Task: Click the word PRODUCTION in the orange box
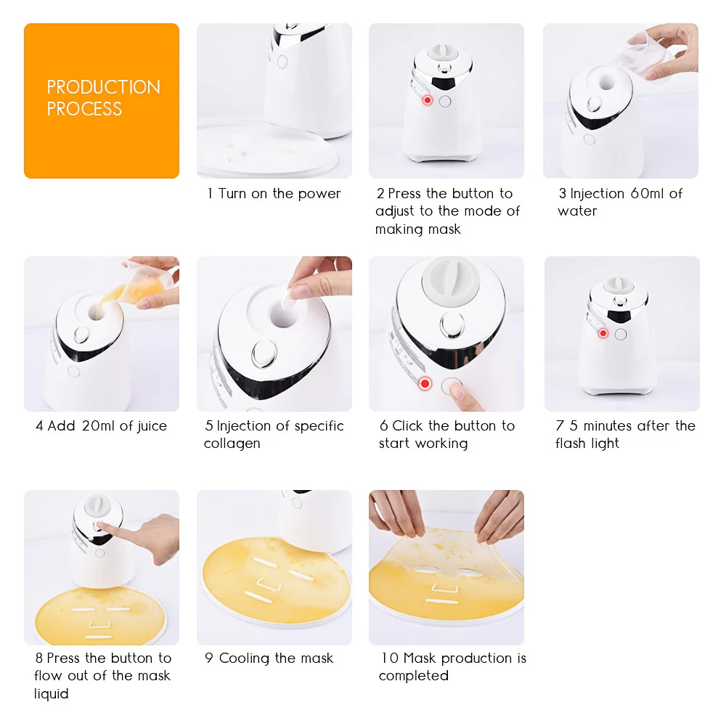click(x=103, y=87)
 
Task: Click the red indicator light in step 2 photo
click(x=427, y=100)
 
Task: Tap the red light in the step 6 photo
click(x=425, y=383)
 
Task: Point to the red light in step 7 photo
click(x=603, y=333)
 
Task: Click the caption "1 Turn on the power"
click(x=274, y=194)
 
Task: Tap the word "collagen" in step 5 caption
click(x=232, y=444)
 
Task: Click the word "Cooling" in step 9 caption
click(x=248, y=658)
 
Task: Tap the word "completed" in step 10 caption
click(x=413, y=676)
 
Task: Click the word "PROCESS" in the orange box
click(x=84, y=109)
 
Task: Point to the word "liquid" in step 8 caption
click(x=52, y=694)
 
